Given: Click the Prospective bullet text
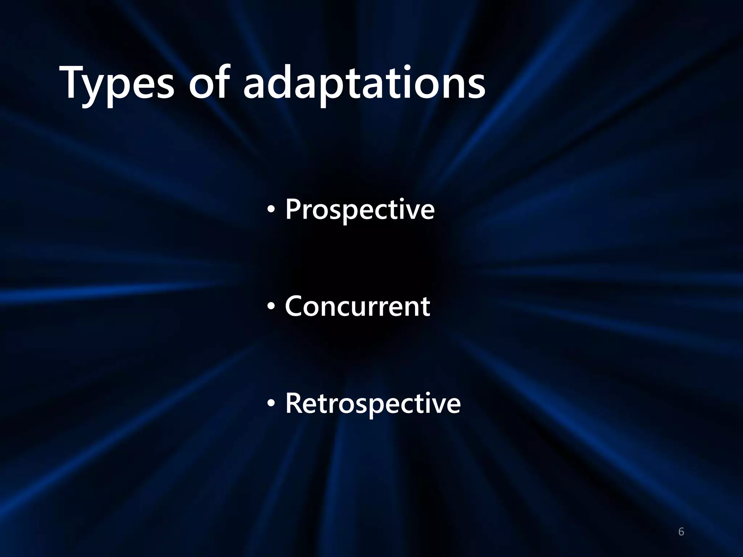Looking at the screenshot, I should click(x=360, y=210).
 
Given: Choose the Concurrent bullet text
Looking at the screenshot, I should click(x=357, y=306).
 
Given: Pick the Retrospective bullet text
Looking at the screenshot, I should click(x=373, y=403).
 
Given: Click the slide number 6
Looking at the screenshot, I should click(x=681, y=532).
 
